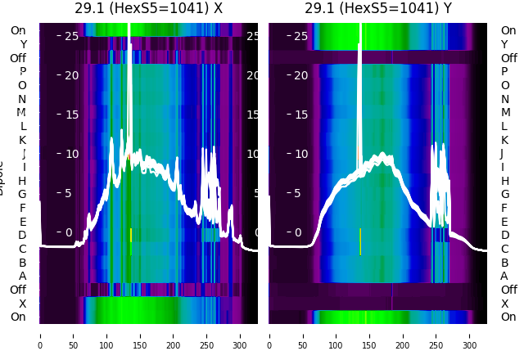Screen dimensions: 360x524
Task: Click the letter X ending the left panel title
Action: [x=218, y=9]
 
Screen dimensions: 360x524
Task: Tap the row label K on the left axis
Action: [x=23, y=140]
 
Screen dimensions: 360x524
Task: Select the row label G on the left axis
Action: [x=22, y=194]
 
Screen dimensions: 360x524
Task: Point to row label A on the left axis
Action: [x=22, y=276]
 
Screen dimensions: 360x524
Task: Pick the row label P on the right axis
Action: [x=504, y=72]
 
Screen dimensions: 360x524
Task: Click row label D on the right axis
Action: [x=504, y=236]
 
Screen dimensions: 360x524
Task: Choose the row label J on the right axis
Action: [x=502, y=154]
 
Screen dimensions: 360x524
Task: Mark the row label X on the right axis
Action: [x=504, y=304]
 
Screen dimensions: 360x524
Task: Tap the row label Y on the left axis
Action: [x=23, y=45]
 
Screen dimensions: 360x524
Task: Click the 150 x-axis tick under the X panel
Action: [x=140, y=335]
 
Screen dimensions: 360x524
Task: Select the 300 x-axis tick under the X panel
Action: [x=241, y=335]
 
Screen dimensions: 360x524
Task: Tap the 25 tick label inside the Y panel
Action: [x=300, y=36]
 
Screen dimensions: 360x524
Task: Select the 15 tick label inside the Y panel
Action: [x=300, y=114]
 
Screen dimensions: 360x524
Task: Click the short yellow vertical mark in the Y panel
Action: [x=360, y=241]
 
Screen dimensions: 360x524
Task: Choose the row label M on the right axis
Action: [x=504, y=113]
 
